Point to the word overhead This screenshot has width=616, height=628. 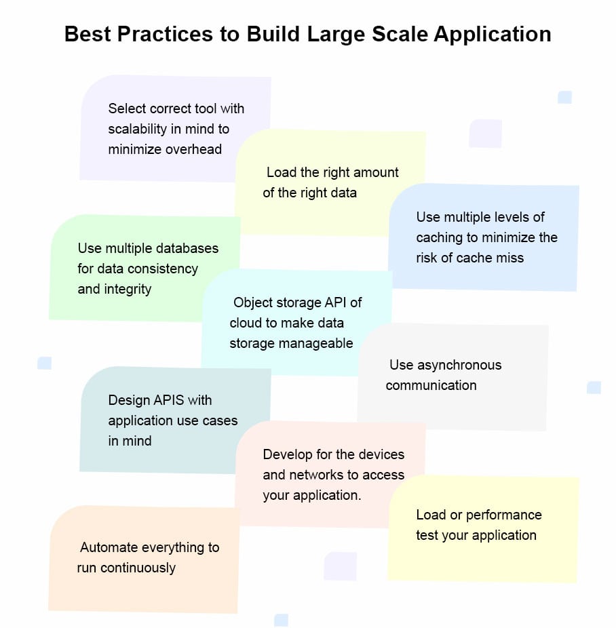[193, 149]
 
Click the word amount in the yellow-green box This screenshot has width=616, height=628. [375, 172]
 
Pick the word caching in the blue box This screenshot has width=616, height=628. [439, 237]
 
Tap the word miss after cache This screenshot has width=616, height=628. [509, 258]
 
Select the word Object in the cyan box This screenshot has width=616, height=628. [254, 302]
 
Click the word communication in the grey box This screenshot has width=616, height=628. [431, 385]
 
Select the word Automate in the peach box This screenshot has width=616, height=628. [109, 547]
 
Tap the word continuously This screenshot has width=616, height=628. [138, 568]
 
